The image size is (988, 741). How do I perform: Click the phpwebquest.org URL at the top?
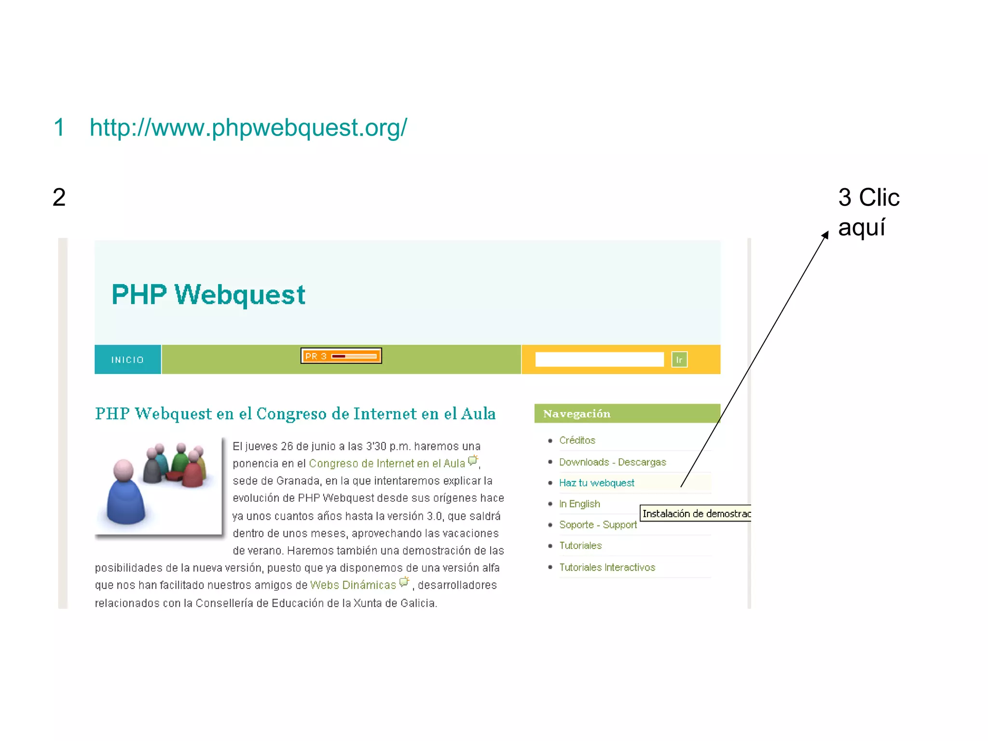coord(248,128)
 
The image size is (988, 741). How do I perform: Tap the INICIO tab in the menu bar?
coord(127,360)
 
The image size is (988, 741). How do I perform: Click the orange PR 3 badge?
coord(341,356)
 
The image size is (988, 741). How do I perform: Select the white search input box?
coord(599,359)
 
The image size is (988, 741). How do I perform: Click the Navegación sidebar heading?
coord(577,413)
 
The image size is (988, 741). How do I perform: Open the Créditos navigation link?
coord(577,440)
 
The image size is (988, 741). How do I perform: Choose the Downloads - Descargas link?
coord(612,462)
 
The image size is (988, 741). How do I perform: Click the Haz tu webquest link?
coord(596,483)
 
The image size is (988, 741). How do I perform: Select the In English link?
coord(579,504)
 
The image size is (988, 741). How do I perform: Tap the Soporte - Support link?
coord(598,524)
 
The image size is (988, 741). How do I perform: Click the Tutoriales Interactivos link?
coord(607,567)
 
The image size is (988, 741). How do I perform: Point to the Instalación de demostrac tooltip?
coord(695,513)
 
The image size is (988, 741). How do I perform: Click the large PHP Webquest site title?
coord(208,295)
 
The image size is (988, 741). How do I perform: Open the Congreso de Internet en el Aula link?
coord(386,464)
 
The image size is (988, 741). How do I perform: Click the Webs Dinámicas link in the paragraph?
coord(353,585)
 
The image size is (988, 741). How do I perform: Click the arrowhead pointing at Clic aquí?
coord(826,235)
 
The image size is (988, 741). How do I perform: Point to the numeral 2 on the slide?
coord(59,197)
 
